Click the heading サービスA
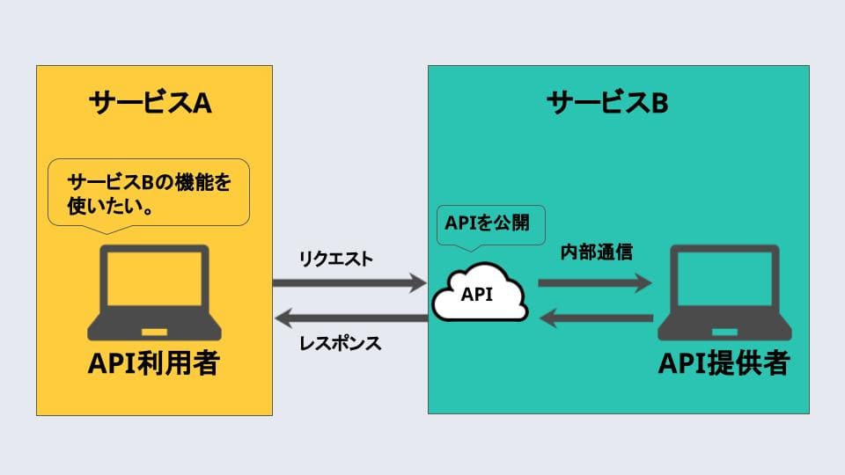point(151,103)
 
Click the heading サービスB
point(607,103)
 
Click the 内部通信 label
point(597,252)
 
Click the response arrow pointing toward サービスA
point(349,317)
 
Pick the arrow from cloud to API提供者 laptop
point(595,283)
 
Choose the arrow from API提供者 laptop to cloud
point(595,318)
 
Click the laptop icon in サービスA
point(153,292)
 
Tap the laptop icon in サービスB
point(724,292)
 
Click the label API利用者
point(153,364)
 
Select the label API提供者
point(724,364)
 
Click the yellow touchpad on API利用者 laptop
point(153,332)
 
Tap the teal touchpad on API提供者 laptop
point(724,332)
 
